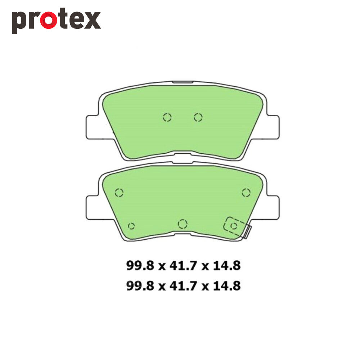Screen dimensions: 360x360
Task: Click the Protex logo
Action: point(56,21)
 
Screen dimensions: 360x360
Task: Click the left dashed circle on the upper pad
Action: point(167,117)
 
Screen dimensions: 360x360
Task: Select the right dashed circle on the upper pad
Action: point(198,117)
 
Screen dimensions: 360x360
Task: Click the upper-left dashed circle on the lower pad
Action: point(119,193)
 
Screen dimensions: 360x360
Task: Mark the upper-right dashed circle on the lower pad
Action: point(246,193)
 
